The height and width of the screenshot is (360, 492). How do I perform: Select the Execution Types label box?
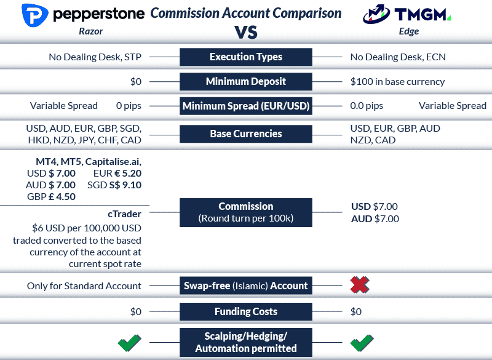coord(245,57)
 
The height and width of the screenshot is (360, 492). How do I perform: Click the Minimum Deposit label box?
coord(245,81)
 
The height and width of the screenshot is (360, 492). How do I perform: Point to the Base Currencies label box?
coord(245,134)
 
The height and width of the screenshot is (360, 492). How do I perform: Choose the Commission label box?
coord(245,212)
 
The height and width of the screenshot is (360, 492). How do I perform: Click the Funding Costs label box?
coord(245,311)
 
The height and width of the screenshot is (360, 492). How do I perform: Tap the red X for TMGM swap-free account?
coord(360,286)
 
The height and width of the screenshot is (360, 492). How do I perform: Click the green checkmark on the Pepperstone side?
coord(130,342)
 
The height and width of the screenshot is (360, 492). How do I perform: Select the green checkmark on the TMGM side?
coord(361,342)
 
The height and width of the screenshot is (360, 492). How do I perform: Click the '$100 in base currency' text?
coord(397,81)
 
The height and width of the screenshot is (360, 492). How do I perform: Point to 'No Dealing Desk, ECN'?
coord(398,57)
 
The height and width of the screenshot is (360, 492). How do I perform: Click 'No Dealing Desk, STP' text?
coord(95,57)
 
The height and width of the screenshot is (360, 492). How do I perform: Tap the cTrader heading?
coord(124,214)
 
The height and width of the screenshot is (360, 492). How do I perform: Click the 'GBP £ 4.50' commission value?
coord(51,197)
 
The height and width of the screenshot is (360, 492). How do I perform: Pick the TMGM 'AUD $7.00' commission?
coord(375,218)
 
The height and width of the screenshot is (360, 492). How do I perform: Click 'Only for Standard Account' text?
coord(84,286)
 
